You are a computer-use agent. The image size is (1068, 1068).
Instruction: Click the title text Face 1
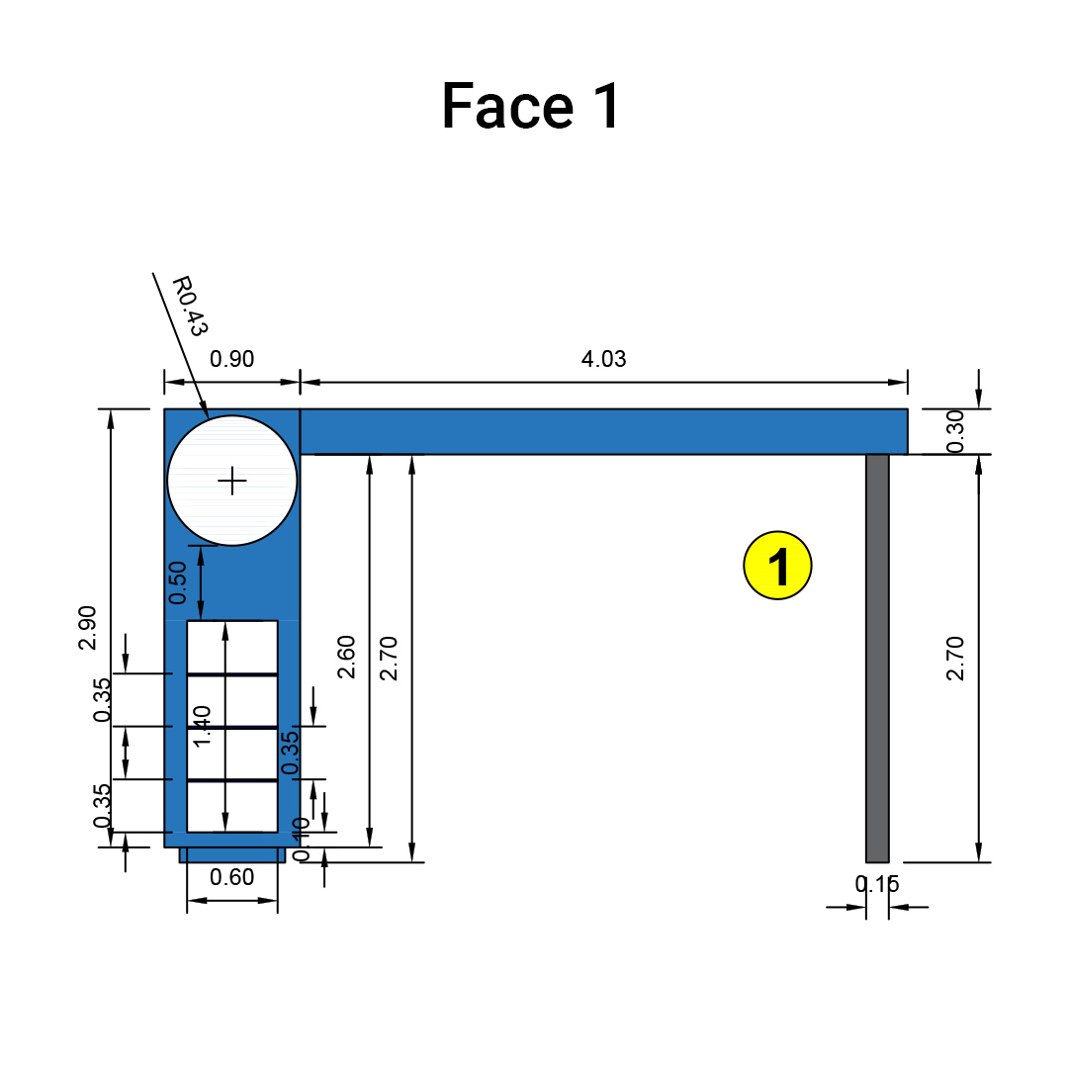click(531, 106)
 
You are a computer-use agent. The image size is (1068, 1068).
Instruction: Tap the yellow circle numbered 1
click(777, 566)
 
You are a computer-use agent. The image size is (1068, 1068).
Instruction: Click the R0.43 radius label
click(190, 306)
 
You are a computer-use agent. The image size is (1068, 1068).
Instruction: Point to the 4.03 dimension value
click(603, 359)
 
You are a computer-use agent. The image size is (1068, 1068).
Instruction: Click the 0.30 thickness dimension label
click(953, 431)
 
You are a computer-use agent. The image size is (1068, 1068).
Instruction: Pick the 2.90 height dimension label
click(88, 627)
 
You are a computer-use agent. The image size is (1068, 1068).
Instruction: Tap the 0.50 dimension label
click(178, 582)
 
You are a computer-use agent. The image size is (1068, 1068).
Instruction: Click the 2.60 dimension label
click(346, 656)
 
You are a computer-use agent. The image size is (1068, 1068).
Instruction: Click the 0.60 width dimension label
click(232, 877)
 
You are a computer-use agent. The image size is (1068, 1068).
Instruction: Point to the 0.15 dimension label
click(877, 884)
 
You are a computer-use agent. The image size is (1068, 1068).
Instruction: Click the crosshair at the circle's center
click(232, 482)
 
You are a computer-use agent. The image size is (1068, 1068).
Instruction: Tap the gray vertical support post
click(877, 658)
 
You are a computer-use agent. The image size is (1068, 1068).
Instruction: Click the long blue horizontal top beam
click(603, 431)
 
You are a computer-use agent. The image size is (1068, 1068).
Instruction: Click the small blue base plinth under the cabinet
click(232, 854)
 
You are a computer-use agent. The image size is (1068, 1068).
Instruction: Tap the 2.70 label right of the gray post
click(954, 658)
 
